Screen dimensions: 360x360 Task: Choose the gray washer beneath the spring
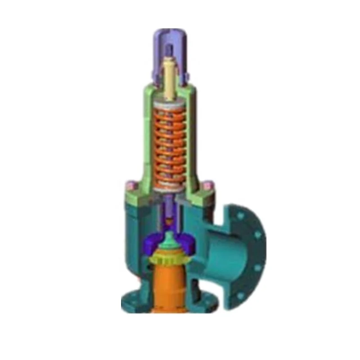click(x=170, y=191)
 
